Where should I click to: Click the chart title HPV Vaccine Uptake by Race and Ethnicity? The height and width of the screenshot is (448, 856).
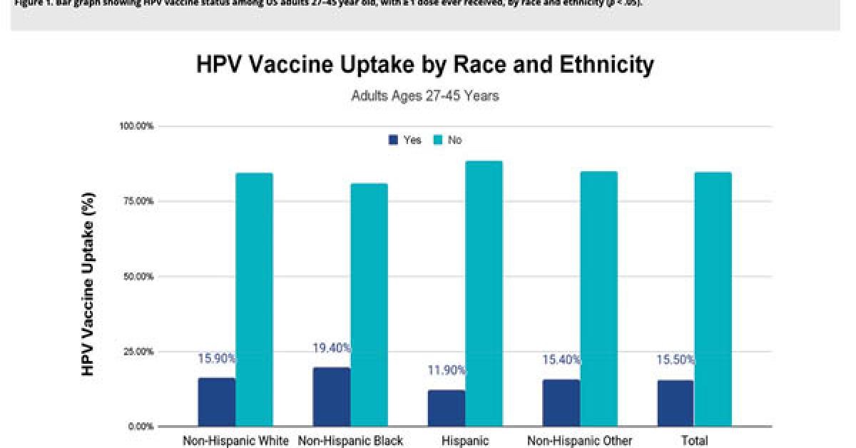click(x=425, y=66)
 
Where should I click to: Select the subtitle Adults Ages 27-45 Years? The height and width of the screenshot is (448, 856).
click(x=425, y=96)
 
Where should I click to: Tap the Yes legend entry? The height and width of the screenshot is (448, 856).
click(x=405, y=141)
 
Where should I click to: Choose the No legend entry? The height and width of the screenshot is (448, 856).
click(x=447, y=141)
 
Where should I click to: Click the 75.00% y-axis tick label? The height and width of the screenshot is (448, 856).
click(x=137, y=201)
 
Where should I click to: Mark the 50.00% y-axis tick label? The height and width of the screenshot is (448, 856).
click(x=137, y=276)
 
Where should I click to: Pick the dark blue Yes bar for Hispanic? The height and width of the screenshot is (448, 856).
click(x=446, y=408)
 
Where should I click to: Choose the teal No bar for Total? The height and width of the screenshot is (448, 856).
click(x=713, y=299)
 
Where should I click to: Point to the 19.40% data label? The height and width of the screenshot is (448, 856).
click(x=332, y=348)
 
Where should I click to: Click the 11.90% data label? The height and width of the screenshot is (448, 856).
click(x=447, y=370)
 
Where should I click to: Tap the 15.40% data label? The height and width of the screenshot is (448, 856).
click(x=561, y=360)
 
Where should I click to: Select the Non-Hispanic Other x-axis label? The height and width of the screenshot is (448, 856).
click(x=579, y=441)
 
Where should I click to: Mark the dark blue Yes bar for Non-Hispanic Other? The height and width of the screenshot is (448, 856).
click(x=561, y=402)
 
